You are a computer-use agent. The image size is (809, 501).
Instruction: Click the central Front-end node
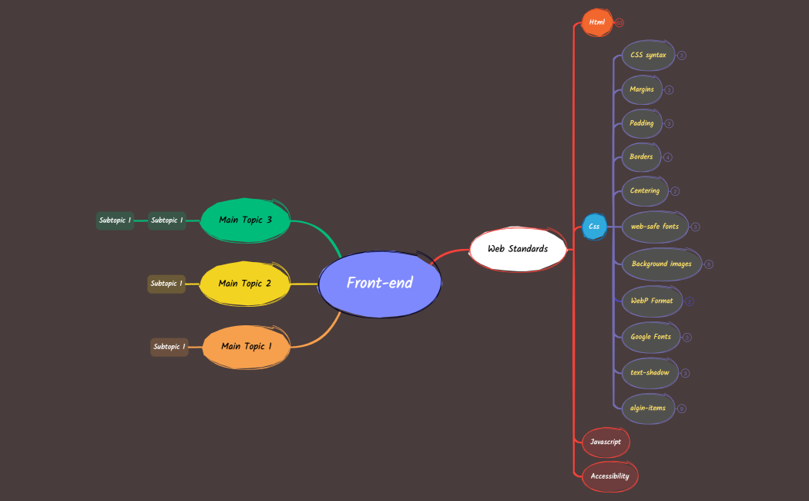(x=380, y=283)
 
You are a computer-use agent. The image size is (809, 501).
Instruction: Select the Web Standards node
(x=517, y=249)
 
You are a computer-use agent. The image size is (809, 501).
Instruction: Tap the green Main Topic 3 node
(x=245, y=220)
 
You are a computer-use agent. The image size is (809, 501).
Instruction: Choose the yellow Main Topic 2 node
(x=244, y=284)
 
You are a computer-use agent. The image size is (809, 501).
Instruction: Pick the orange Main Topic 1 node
(x=247, y=347)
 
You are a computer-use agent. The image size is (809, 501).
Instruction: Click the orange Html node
(x=596, y=22)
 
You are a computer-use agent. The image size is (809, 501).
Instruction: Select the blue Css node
(x=594, y=227)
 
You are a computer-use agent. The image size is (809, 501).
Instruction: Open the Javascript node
(x=606, y=442)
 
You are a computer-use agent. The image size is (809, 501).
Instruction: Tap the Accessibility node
(x=609, y=476)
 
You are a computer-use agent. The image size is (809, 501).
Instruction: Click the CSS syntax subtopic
(x=648, y=55)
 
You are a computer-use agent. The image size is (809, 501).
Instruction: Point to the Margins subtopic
(x=642, y=89)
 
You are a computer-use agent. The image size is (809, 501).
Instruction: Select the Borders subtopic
(x=641, y=157)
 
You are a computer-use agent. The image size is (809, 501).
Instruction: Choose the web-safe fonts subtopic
(x=654, y=227)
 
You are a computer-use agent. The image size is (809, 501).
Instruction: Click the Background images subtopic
(x=661, y=264)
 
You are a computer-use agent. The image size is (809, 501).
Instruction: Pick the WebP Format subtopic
(x=652, y=301)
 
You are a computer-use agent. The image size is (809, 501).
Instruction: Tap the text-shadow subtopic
(x=650, y=373)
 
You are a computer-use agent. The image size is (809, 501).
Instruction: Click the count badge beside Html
(x=619, y=23)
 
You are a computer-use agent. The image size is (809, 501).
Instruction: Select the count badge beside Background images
(x=709, y=264)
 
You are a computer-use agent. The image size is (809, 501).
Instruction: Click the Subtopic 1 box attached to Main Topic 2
(x=166, y=284)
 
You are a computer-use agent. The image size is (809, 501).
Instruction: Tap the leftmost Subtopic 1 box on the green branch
(x=115, y=220)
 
